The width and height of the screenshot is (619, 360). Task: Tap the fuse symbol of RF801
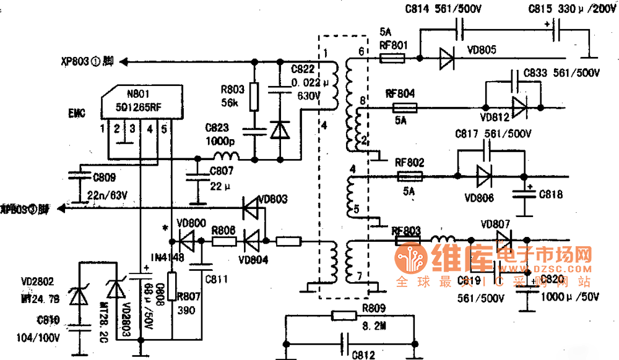pyautogui.click(x=392, y=59)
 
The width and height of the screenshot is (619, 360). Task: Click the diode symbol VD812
pyautogui.click(x=519, y=107)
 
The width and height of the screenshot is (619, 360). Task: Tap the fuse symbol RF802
pyautogui.click(x=409, y=176)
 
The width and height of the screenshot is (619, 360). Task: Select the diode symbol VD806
pyautogui.click(x=485, y=176)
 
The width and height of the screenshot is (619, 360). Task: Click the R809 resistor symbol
pyautogui.click(x=345, y=315)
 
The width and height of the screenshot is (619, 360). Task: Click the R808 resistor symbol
pyautogui.click(x=223, y=240)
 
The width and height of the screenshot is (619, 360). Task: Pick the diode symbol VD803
pyautogui.click(x=251, y=208)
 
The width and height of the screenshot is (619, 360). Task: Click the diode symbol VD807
pyautogui.click(x=504, y=239)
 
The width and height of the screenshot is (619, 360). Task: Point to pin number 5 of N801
pyautogui.click(x=164, y=129)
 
